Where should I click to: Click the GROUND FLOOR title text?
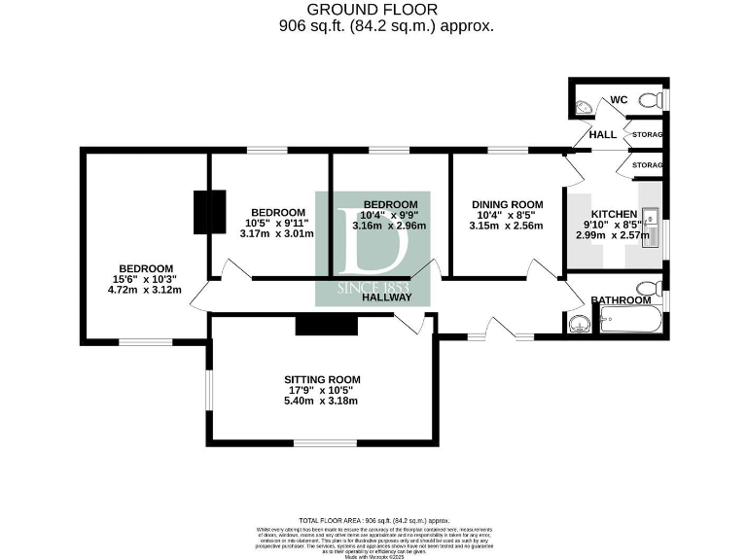[373, 9]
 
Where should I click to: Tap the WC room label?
[619, 99]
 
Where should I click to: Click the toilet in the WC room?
[657, 99]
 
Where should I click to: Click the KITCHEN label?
[614, 214]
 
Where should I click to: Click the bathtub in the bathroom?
[630, 320]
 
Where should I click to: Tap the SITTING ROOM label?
[322, 379]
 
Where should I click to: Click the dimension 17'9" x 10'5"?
[322, 390]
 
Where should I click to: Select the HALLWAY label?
[387, 297]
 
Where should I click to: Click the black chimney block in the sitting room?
[327, 325]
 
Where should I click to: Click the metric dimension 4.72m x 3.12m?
[145, 290]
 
